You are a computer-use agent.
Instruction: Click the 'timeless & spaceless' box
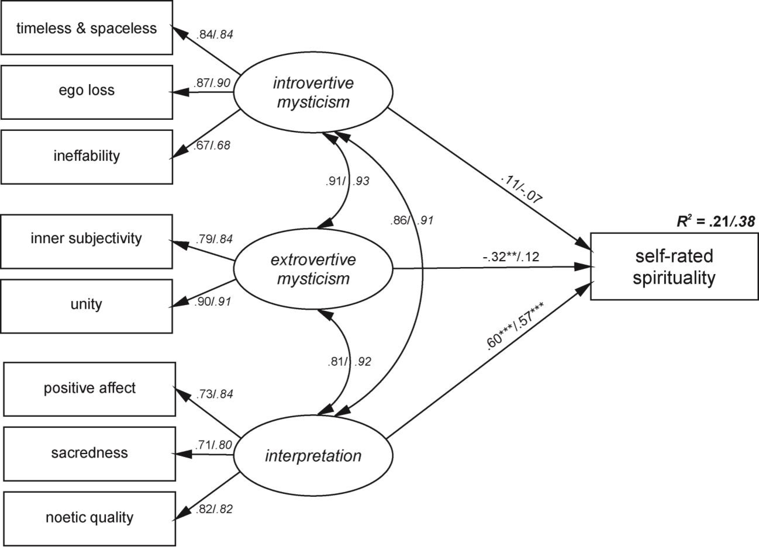pos(87,28)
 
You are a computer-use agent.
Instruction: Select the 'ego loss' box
pos(87,91)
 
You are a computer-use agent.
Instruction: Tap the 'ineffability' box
pos(87,156)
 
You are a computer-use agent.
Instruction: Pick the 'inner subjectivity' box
pos(87,239)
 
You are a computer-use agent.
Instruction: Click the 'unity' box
pos(87,304)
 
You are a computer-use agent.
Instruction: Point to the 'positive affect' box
pos(89,388)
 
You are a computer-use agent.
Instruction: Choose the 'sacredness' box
pos(89,453)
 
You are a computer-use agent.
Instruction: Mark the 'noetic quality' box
pos(89,518)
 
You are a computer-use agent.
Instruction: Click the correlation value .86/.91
pos(412,221)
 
